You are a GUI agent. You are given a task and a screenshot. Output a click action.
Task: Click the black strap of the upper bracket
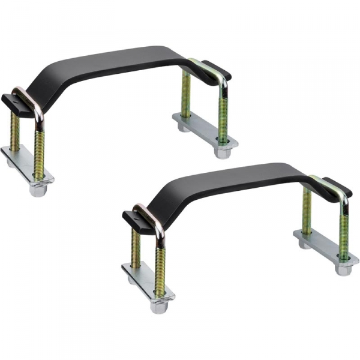coord(120,60)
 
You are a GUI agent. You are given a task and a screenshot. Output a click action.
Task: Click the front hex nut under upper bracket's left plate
coord(39,191)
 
